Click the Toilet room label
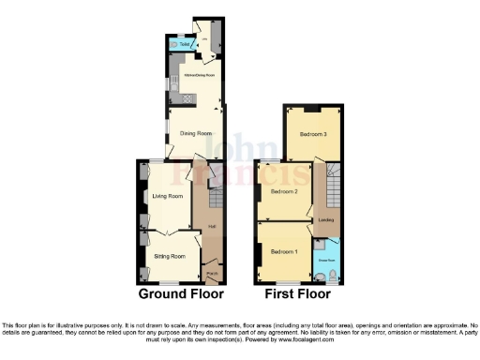pos(185,43)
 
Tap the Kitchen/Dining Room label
pos(199,74)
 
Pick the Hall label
pos(212,226)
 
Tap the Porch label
pos(213,274)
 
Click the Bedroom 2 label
pos(283,191)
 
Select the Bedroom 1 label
pos(283,252)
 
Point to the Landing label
pos(326,220)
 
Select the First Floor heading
pos(299,293)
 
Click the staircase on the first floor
pos(333,182)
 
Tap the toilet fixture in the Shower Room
pos(322,275)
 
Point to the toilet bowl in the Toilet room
pos(173,43)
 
